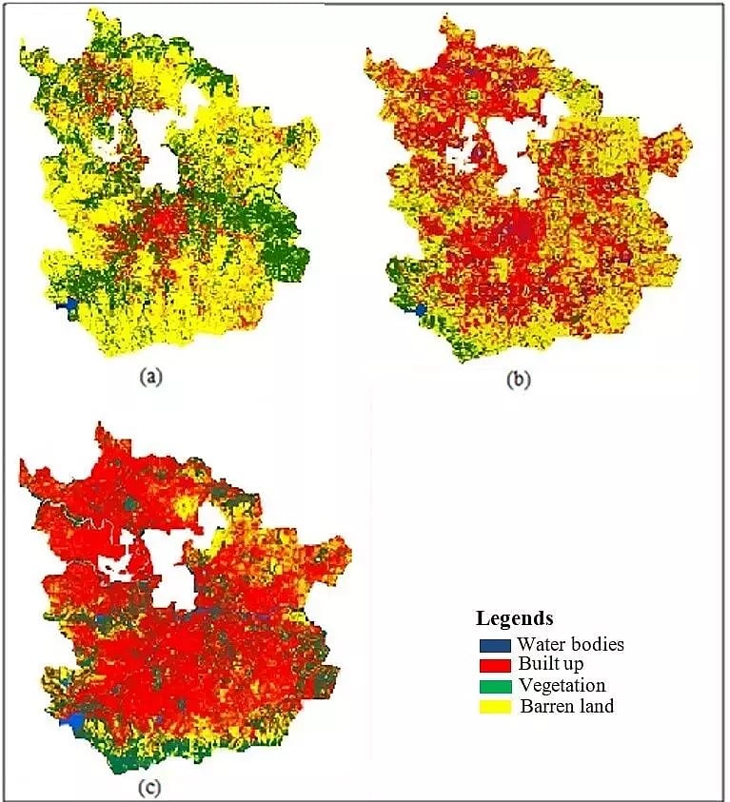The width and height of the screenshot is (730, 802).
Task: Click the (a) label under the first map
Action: (151, 377)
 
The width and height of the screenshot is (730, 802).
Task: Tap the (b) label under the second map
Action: (519, 380)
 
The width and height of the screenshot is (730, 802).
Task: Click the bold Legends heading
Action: (514, 618)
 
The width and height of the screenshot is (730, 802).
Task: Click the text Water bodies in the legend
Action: (571, 645)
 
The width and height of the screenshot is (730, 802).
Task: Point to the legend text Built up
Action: (551, 665)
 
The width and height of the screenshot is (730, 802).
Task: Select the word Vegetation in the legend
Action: (562, 686)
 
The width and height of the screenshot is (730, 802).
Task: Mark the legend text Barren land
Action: (566, 707)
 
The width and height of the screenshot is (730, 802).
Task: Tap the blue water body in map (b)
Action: (421, 309)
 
